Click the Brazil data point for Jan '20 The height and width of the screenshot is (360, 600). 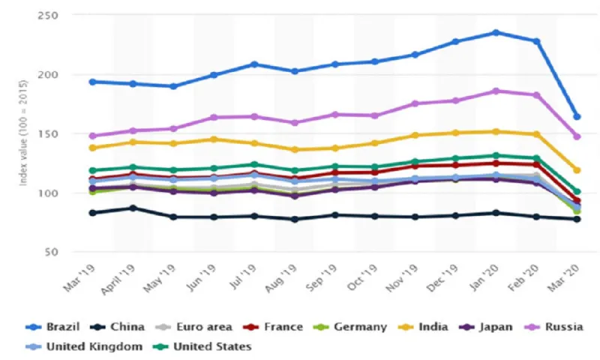(496, 32)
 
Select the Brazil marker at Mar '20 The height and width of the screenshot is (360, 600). (577, 117)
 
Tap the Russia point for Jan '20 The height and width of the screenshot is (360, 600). (496, 91)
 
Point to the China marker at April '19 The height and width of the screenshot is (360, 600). (133, 208)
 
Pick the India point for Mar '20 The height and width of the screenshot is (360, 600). (577, 170)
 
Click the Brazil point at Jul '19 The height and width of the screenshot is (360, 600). (254, 64)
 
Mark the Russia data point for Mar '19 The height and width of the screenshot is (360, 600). (92, 136)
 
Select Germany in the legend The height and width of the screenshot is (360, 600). (355, 326)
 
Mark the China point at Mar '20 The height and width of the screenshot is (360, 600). (577, 219)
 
